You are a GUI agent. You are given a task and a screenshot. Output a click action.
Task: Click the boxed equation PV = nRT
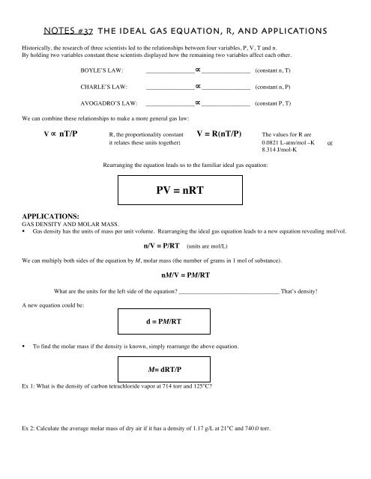[185, 190]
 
